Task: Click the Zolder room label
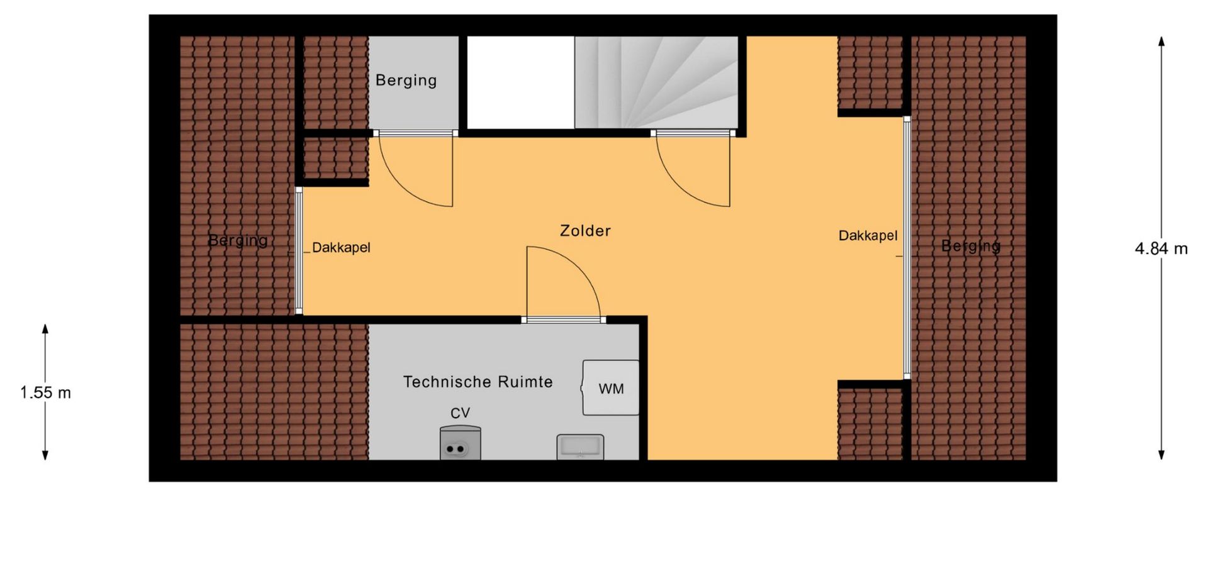tap(585, 231)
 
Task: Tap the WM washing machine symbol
tap(610, 387)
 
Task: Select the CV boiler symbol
tap(460, 443)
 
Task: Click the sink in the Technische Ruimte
tap(580, 447)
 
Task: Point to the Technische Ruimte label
tap(478, 382)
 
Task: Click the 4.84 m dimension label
tap(1161, 249)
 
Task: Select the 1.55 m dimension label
tap(45, 392)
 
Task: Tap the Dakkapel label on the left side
tap(341, 247)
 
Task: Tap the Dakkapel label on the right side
tap(868, 235)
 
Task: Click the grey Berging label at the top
tap(406, 80)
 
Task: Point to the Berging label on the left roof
tap(238, 240)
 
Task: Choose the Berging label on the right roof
tap(970, 246)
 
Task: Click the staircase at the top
tap(656, 82)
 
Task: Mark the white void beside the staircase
tap(520, 82)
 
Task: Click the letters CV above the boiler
tap(460, 413)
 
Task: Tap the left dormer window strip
tap(299, 251)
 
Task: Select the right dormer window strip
tap(907, 247)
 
